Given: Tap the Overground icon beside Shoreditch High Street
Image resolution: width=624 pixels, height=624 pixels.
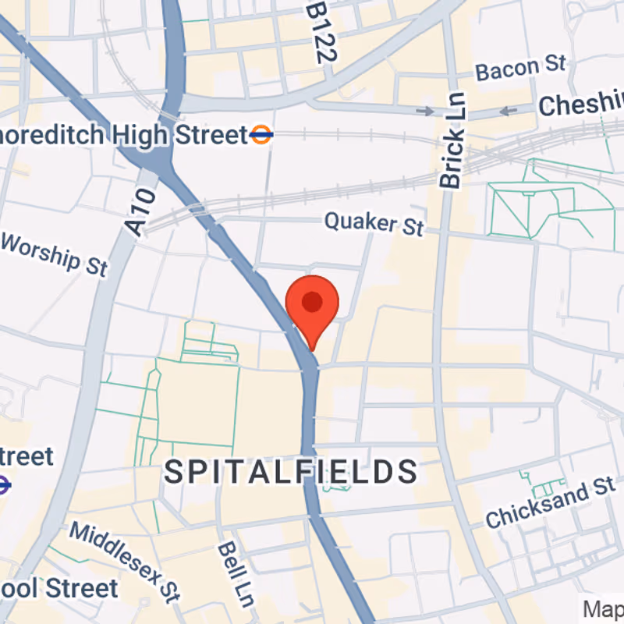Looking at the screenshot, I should point(261,135).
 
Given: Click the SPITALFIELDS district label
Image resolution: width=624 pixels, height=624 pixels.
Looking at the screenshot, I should point(291,471).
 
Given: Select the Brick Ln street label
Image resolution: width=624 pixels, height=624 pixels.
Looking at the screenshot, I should point(452,140).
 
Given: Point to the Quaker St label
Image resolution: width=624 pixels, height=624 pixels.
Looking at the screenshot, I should point(374,223).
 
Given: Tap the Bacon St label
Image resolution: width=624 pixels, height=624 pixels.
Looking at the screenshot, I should point(521,69).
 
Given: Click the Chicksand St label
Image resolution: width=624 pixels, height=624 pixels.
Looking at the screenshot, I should point(550,502).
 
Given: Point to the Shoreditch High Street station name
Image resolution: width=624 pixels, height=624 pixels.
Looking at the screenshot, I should point(125,135).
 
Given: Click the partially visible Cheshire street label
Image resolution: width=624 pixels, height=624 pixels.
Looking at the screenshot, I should point(582,104).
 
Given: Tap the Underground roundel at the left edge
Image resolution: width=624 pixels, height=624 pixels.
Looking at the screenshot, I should point(3,485).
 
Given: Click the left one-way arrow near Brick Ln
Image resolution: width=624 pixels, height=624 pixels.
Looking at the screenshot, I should point(425,111).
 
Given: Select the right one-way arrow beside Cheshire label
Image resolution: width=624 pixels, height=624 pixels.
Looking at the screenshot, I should point(508,111).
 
